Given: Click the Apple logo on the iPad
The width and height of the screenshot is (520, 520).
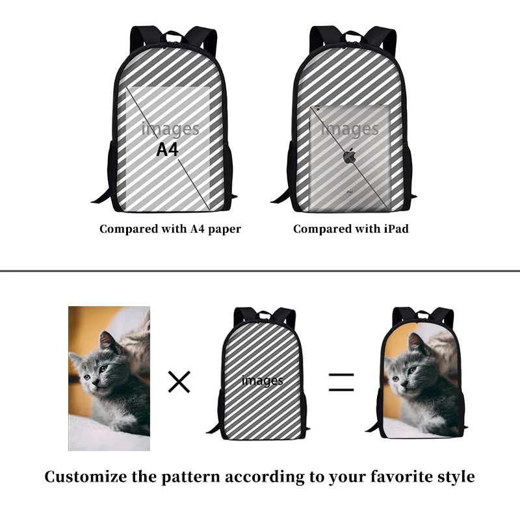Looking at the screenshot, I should point(350,156).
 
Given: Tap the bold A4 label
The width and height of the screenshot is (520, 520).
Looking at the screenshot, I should point(167,149).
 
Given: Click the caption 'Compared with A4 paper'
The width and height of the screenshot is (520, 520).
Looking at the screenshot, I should point(170,229).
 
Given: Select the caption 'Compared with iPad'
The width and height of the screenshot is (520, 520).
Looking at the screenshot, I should point(350,229).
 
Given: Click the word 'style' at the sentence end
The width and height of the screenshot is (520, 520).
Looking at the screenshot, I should point(452,477).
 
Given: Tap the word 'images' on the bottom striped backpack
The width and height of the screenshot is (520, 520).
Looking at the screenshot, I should point(262,380).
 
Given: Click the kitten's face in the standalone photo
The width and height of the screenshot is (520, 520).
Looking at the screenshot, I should point(96,370).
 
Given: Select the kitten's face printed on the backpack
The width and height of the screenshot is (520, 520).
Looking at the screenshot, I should point(406,374).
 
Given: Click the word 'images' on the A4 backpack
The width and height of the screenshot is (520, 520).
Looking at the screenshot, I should point(170,129).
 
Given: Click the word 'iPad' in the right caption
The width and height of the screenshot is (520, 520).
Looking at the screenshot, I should point(396,229).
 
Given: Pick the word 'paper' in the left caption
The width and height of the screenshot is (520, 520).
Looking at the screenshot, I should point(225,229).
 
